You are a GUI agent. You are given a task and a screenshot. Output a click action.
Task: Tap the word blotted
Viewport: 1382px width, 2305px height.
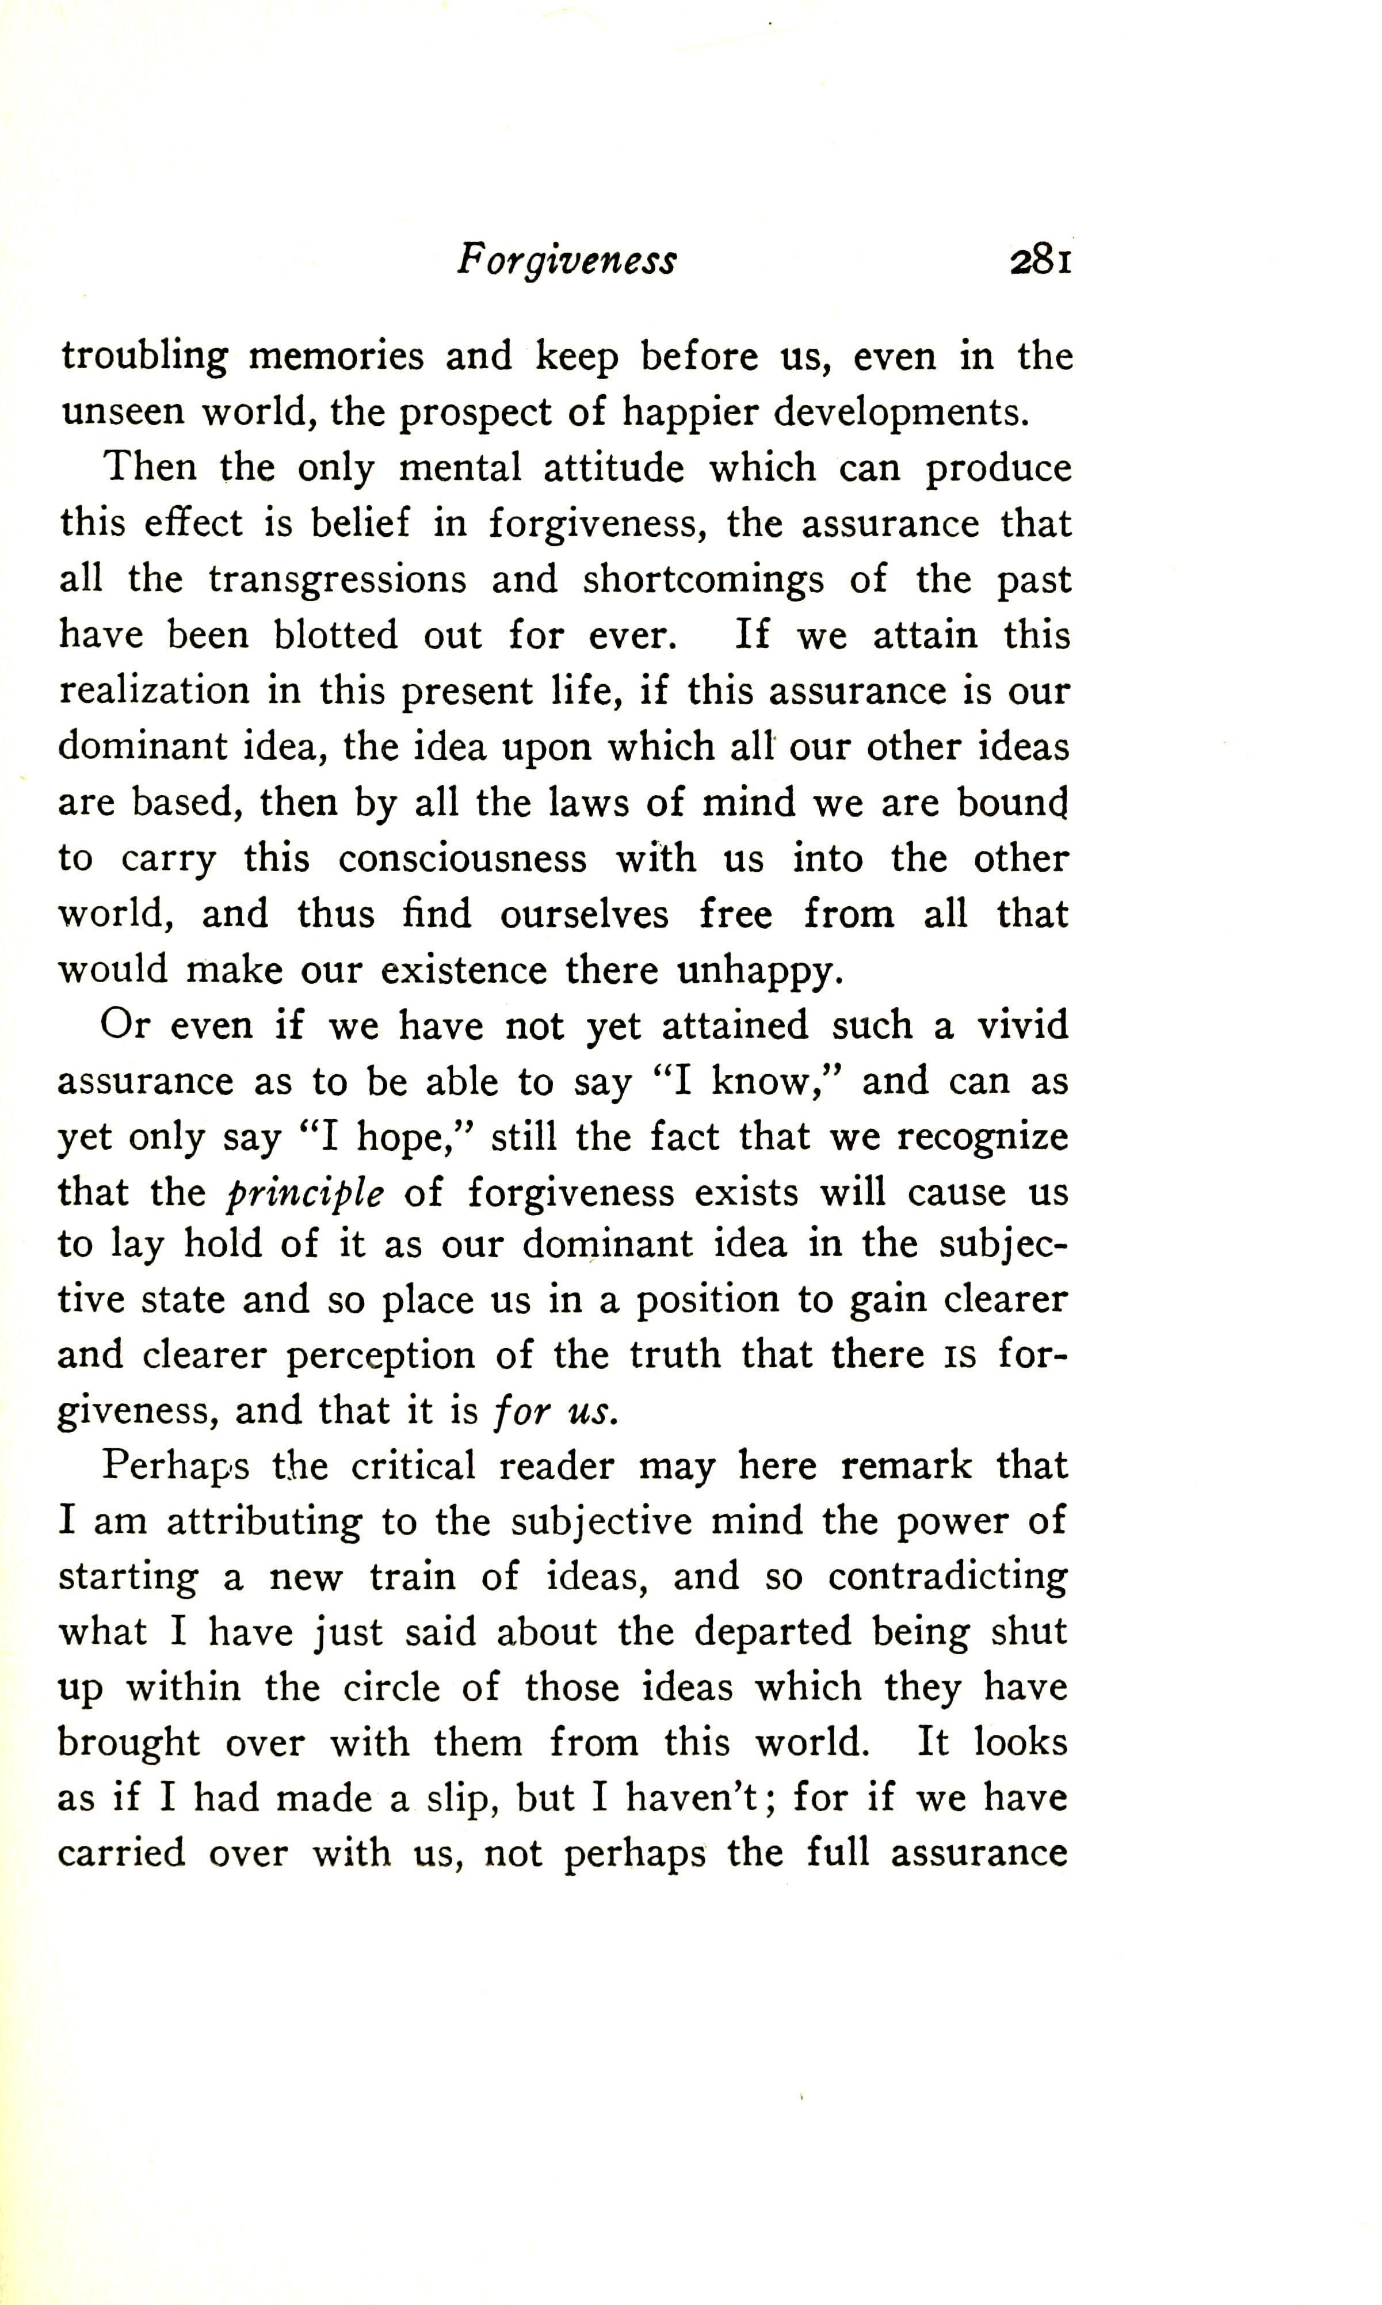pyautogui.click(x=335, y=635)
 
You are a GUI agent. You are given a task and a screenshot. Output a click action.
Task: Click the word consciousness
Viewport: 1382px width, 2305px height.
pyautogui.click(x=462, y=858)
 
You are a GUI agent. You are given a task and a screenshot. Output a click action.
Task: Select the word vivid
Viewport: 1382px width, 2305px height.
pyautogui.click(x=1022, y=1025)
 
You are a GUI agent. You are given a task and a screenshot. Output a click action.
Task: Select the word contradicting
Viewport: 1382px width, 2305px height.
pyautogui.click(x=947, y=1577)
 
